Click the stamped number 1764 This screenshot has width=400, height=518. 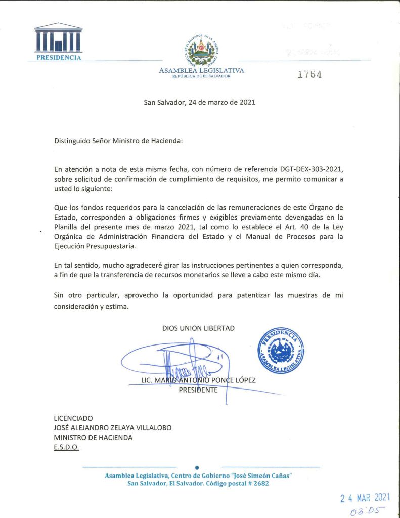pyautogui.click(x=309, y=74)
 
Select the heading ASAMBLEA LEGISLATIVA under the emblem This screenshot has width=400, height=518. pyautogui.click(x=201, y=70)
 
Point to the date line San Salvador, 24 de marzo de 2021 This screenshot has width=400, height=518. pyautogui.click(x=200, y=102)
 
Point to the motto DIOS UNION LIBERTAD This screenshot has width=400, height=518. pyautogui.click(x=198, y=328)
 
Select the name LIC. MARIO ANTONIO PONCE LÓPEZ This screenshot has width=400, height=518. pyautogui.click(x=198, y=380)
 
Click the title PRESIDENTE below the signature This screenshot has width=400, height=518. pyautogui.click(x=198, y=390)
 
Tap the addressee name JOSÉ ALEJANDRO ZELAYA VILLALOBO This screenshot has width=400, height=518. pyautogui.click(x=112, y=428)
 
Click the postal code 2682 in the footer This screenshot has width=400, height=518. pyautogui.click(x=259, y=483)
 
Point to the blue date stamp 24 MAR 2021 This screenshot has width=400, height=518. pyautogui.click(x=365, y=498)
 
